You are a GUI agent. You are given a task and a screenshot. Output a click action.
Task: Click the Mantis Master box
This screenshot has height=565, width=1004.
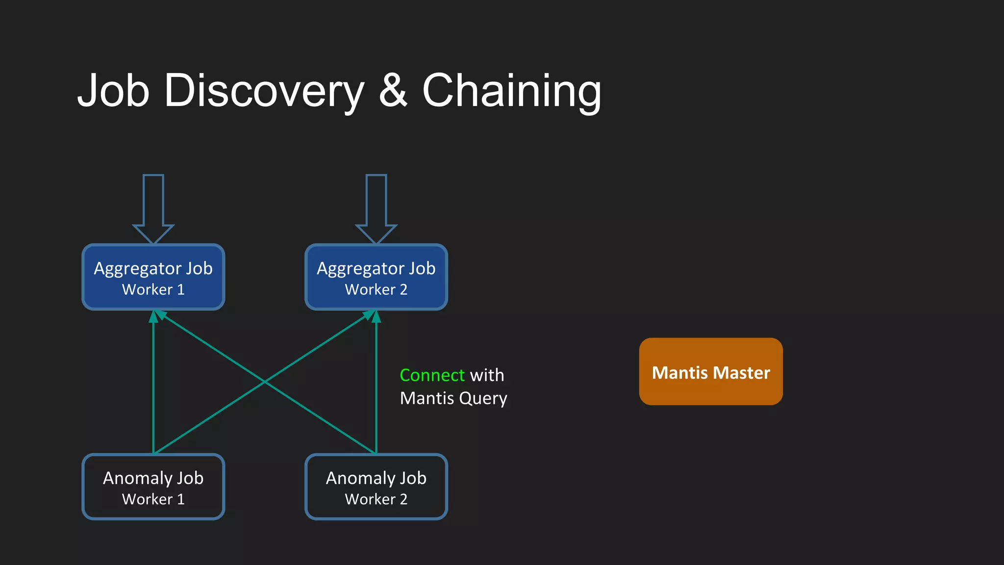pyautogui.click(x=710, y=371)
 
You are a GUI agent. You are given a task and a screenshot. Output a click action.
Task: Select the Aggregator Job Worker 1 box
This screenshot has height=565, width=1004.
pyautogui.click(x=153, y=277)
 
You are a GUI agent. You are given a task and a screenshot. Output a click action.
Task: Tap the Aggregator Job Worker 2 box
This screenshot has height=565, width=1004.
pyautogui.click(x=376, y=277)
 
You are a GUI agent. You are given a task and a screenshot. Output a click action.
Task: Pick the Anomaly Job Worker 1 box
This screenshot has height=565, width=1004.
pyautogui.click(x=153, y=487)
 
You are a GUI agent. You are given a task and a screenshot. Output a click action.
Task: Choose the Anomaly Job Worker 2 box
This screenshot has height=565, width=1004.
pyautogui.click(x=376, y=487)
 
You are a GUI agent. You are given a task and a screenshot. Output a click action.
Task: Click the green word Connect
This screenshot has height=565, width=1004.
pyautogui.click(x=432, y=375)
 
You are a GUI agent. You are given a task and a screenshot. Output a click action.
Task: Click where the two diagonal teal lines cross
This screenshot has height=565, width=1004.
pyautogui.click(x=265, y=382)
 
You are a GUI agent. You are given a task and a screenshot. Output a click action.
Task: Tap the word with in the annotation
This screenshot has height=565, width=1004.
pyautogui.click(x=487, y=375)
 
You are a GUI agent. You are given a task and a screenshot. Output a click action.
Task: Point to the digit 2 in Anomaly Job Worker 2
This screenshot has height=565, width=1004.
pyautogui.click(x=403, y=499)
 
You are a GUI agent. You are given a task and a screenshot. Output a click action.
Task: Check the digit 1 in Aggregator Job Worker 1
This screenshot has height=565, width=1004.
pyautogui.click(x=181, y=290)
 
